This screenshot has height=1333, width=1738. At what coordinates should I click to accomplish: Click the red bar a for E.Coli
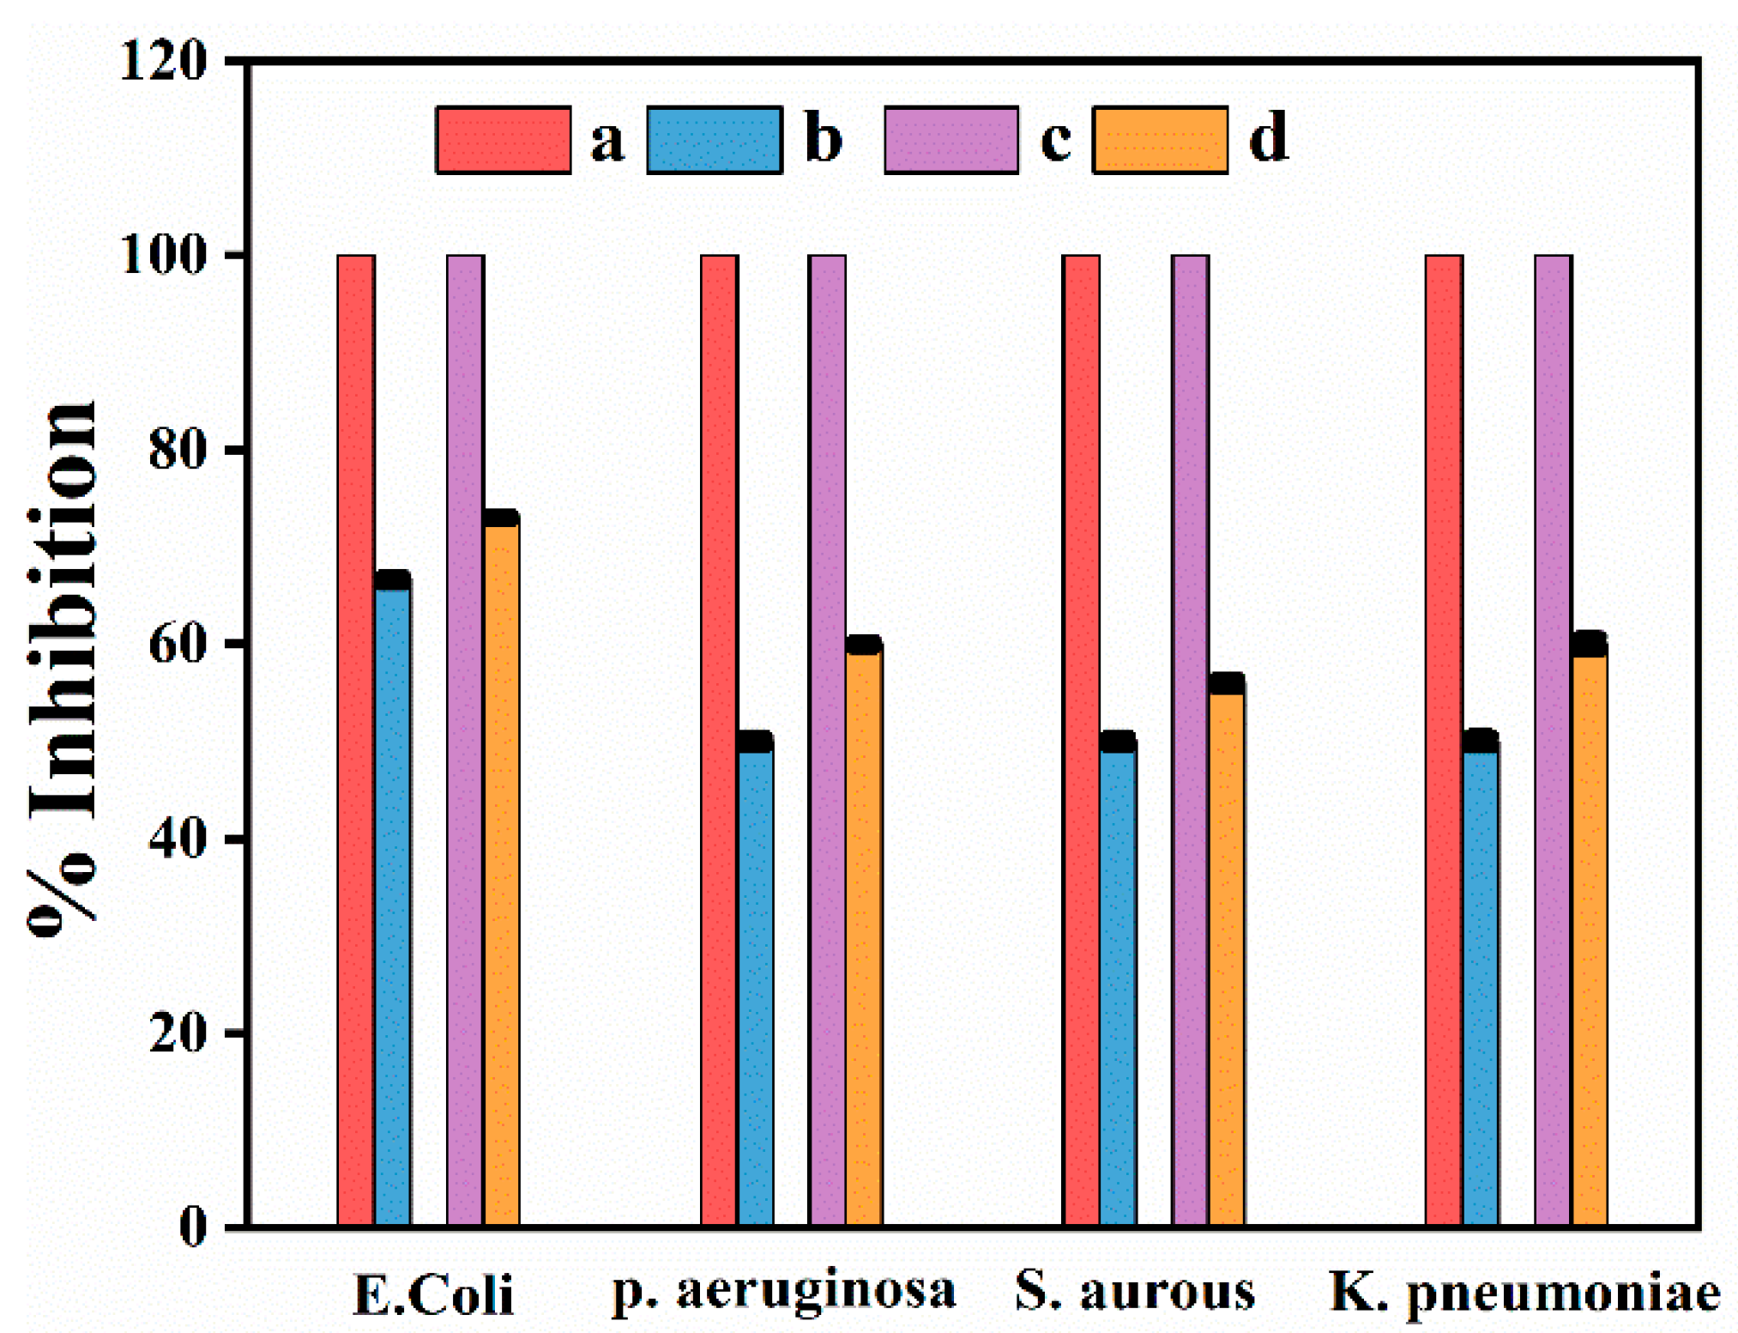point(355,738)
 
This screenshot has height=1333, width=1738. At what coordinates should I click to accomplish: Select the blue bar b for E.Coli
point(392,901)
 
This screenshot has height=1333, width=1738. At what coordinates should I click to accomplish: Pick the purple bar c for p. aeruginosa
point(826,738)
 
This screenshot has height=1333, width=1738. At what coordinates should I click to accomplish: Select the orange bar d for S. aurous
point(1226,953)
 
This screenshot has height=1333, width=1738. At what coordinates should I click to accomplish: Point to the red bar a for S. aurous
point(1080,738)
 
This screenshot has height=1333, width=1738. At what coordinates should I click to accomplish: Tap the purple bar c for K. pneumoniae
point(1552,738)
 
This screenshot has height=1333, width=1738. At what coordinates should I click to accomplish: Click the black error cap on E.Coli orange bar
point(501,518)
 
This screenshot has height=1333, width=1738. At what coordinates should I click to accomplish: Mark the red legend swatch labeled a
point(504,140)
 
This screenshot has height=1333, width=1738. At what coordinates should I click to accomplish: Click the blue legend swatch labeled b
point(714,140)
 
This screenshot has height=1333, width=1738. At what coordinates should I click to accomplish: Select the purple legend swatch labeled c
point(950,140)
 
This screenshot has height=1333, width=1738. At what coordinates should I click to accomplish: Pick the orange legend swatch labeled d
point(1160,140)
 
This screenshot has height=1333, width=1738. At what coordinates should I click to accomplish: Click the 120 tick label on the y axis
point(163,61)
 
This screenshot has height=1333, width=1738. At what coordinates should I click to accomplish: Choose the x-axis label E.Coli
point(433,1295)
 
